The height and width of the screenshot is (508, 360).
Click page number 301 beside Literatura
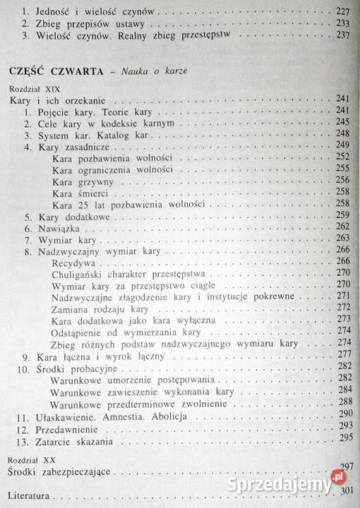tap(344, 490)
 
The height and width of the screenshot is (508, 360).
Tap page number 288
tap(344, 404)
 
